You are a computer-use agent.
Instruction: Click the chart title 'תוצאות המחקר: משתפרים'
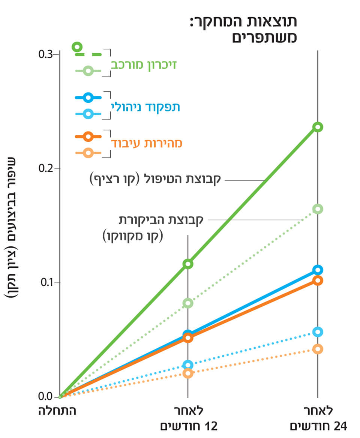pos(243,29)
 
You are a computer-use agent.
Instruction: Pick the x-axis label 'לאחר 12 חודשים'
pos(189,418)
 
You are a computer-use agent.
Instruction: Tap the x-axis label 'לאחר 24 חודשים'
pos(318,418)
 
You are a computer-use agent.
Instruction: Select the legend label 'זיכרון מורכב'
pos(144,64)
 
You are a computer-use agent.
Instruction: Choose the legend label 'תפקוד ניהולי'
pos(145,107)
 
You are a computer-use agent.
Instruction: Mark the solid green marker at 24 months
pos(318,127)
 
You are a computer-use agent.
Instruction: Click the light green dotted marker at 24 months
pos(318,209)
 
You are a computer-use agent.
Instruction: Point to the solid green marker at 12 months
pos(188,264)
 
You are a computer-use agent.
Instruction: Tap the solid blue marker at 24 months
pos(318,270)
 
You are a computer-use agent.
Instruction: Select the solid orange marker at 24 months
pos(318,280)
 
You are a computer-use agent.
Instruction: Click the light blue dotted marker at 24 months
pos(318,332)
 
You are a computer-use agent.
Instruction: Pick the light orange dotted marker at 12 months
pos(188,373)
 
